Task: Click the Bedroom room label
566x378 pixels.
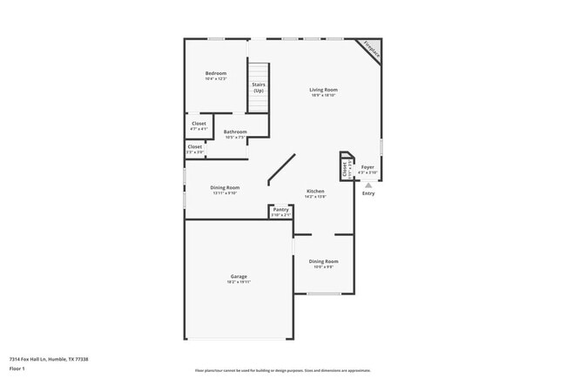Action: pos(216,72)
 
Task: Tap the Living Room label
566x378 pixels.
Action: pos(324,90)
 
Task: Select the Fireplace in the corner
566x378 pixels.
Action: pos(372,50)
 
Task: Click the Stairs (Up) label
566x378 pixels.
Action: pos(259,88)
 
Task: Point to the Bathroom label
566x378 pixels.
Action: pos(235,132)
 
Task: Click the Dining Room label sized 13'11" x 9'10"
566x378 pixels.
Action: pos(225,187)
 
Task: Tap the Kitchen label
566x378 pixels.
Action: pos(315,191)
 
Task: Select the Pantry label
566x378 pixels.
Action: pos(280,209)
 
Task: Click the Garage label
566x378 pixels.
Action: pos(239,276)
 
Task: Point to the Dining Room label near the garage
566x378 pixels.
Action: pos(323,261)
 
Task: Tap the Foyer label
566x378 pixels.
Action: pos(368,166)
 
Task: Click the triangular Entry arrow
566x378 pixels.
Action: pos(368,185)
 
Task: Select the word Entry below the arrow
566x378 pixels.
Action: pos(368,193)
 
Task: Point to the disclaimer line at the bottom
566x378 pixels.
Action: pos(282,370)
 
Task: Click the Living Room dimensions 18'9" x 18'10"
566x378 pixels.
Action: pos(324,96)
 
